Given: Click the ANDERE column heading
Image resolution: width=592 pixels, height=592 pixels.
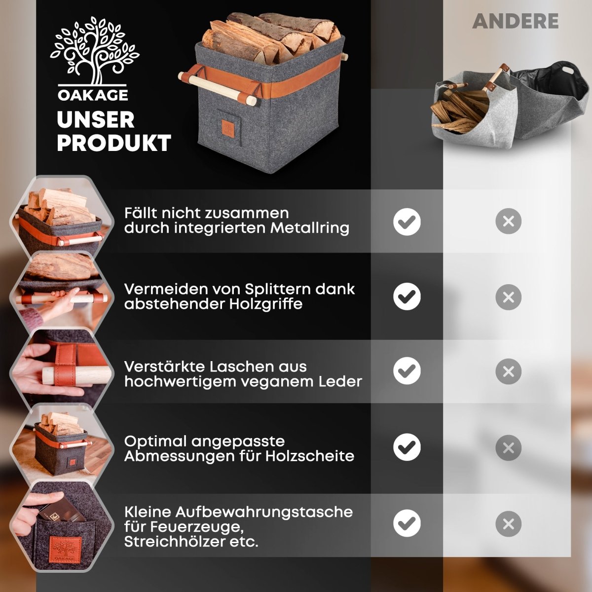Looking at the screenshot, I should [515, 21].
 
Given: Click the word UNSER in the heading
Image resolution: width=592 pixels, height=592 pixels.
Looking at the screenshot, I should [95, 120].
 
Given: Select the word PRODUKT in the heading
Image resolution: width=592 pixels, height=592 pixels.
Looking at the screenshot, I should [113, 143].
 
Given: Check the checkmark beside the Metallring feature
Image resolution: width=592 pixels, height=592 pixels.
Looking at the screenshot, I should [407, 222].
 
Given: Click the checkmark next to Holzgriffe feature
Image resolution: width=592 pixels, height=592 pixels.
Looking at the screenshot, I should [407, 297].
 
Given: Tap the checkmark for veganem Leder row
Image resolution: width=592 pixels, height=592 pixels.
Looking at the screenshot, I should [407, 371].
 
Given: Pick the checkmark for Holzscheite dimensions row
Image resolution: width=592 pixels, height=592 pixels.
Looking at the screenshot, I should [407, 447].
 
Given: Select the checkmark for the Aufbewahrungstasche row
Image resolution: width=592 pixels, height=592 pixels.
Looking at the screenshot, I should [407, 523].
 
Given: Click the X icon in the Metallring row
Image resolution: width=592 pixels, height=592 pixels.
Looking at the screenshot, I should [508, 222].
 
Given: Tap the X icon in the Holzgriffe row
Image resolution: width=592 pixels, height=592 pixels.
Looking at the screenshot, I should [508, 297].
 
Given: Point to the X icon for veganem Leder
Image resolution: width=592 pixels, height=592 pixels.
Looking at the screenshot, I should [508, 371].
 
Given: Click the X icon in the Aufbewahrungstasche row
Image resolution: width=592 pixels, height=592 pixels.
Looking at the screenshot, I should [508, 523].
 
